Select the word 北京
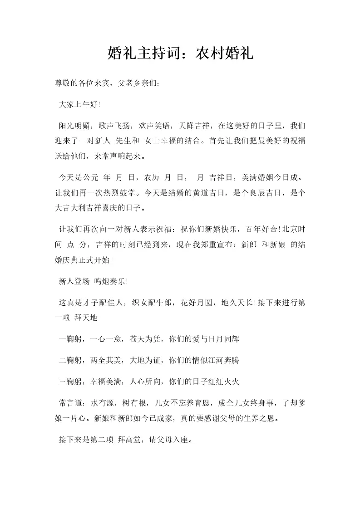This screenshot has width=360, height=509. [x=289, y=229]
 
